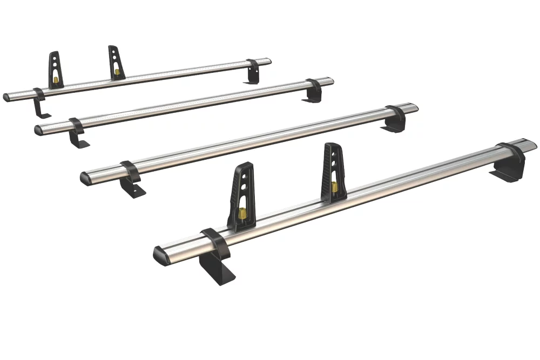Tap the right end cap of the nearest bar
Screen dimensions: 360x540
[530, 144]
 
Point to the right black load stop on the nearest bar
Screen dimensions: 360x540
[334, 172]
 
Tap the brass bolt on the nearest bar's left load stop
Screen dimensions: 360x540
[242, 213]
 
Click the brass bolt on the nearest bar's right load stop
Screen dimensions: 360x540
[335, 187]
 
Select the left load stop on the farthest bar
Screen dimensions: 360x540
[55, 70]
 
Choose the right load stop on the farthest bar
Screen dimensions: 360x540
[116, 62]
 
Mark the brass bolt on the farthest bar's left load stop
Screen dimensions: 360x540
[56, 81]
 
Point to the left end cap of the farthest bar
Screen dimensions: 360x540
[6, 98]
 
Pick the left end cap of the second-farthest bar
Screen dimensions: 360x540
[38, 130]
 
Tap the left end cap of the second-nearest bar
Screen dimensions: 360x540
[85, 178]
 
